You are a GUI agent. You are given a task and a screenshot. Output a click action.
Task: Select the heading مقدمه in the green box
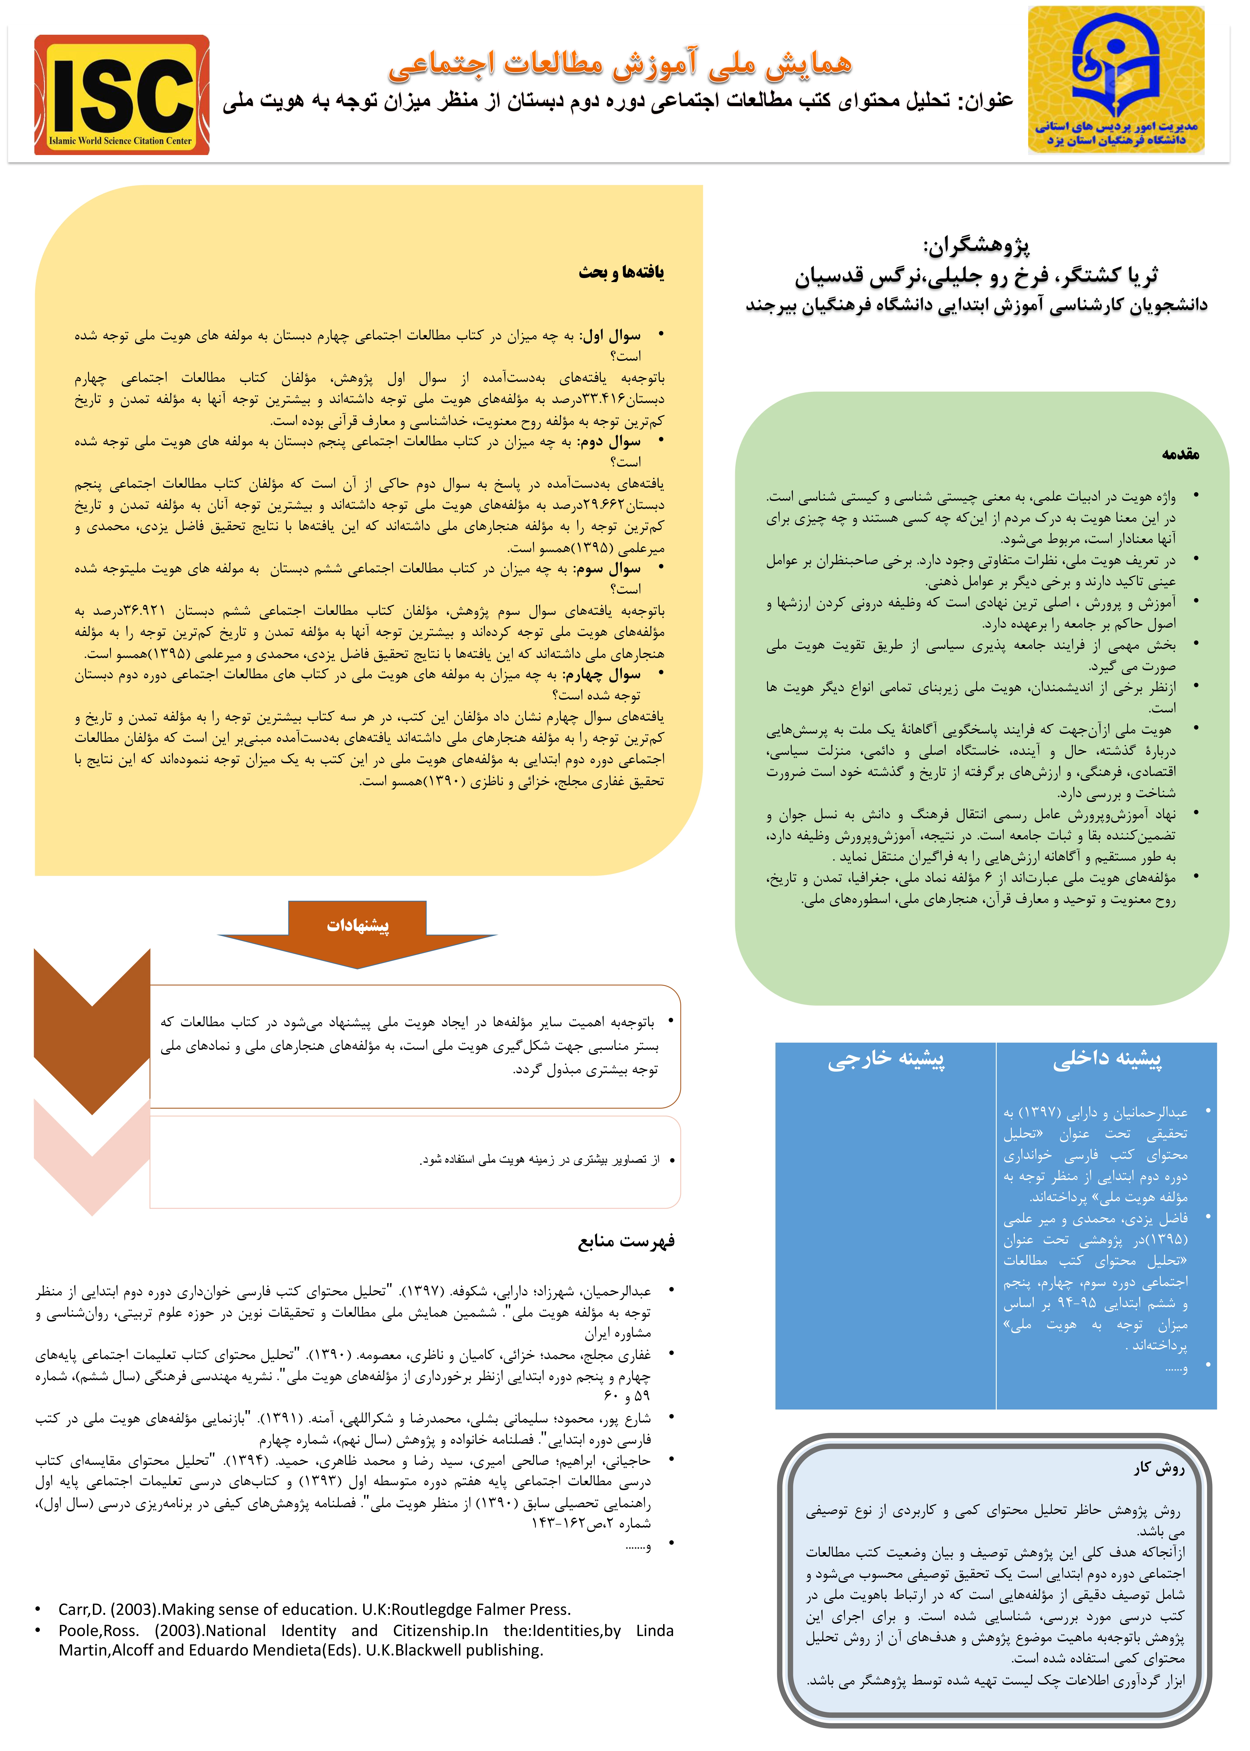1180,454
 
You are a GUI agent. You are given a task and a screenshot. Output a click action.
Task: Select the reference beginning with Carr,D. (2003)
314,1609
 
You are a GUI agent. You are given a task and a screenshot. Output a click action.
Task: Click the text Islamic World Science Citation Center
121,141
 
